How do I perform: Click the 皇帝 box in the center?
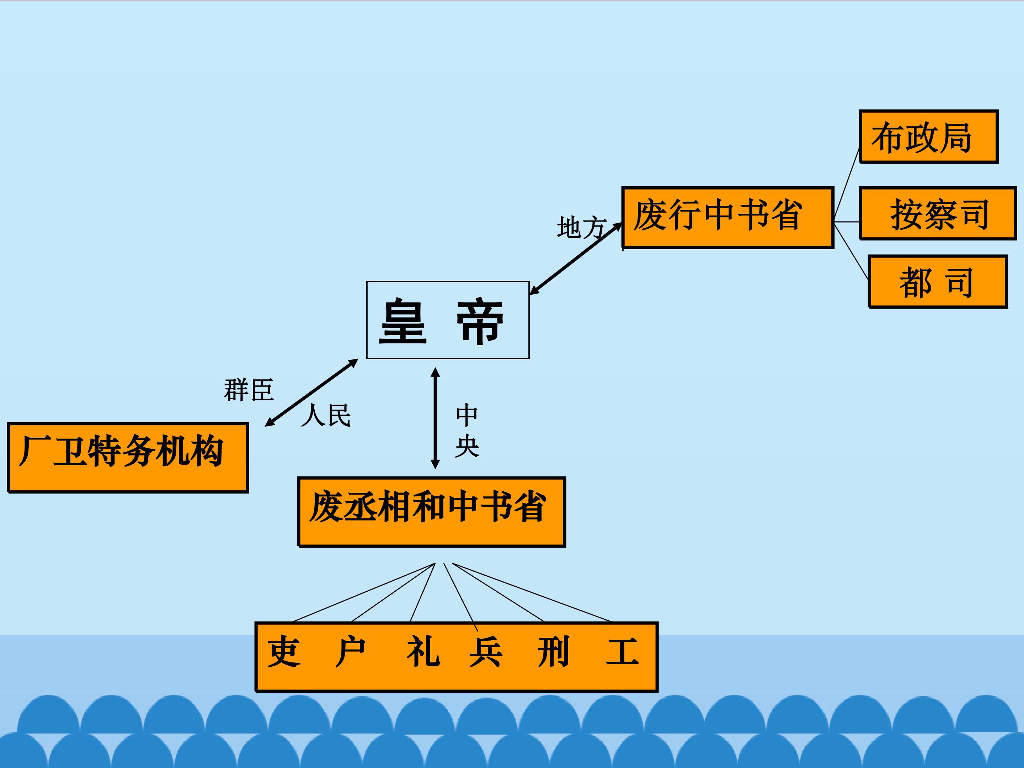[x=448, y=320]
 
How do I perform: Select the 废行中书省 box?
[x=728, y=218]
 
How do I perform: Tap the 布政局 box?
[x=929, y=137]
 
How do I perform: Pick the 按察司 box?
[x=938, y=213]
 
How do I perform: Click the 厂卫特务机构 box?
[x=128, y=457]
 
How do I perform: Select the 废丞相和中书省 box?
[x=431, y=512]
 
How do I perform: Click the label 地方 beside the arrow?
[x=581, y=228]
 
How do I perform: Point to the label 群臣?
[x=249, y=389]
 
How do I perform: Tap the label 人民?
[x=326, y=415]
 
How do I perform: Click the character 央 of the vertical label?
[x=466, y=446]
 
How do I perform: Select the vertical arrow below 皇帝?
[x=435, y=418]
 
